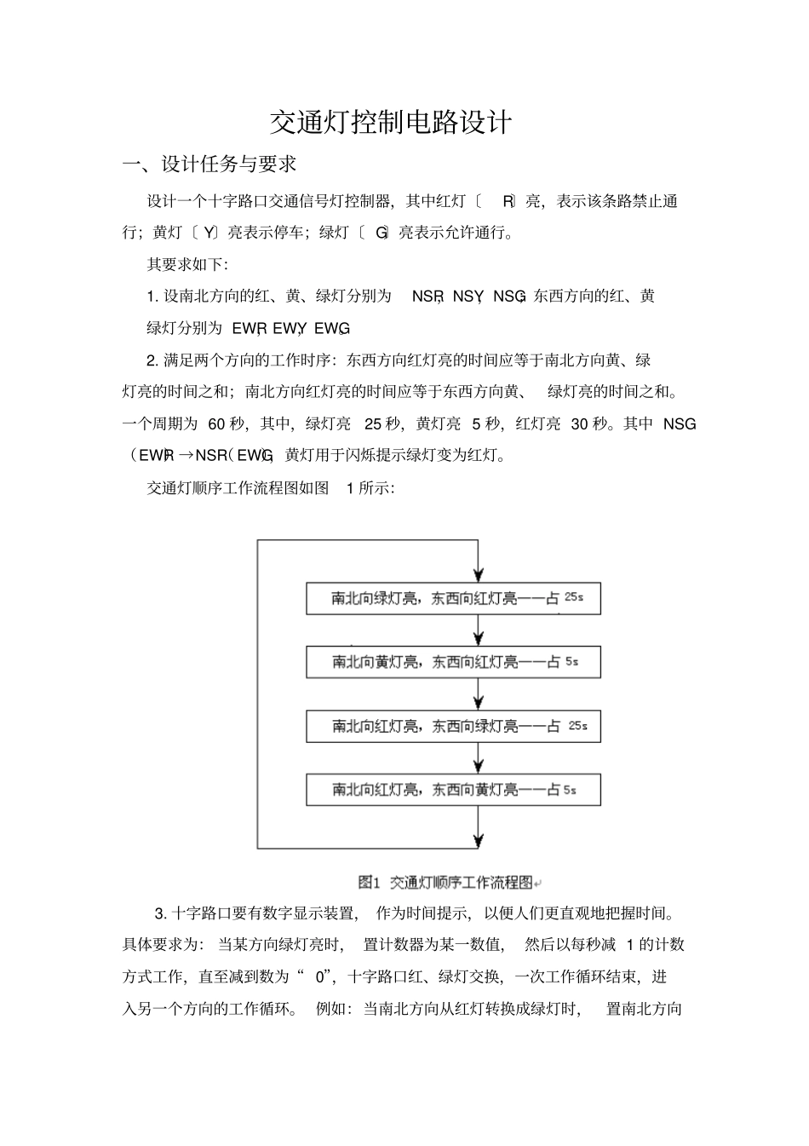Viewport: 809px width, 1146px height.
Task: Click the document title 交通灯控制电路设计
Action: tap(391, 123)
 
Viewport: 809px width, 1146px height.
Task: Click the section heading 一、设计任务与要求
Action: tap(209, 163)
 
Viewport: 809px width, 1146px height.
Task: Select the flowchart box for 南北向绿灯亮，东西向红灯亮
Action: tap(453, 598)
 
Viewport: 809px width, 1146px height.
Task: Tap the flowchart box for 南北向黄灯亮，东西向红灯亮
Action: tap(453, 662)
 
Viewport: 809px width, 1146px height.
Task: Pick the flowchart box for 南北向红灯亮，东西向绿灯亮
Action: tap(453, 726)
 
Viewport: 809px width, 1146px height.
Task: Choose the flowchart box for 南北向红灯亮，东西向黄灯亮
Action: tap(453, 790)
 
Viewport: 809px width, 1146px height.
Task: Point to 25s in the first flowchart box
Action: tap(574, 597)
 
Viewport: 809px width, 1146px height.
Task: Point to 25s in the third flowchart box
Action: tap(577, 726)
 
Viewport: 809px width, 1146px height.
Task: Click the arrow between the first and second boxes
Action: tap(479, 630)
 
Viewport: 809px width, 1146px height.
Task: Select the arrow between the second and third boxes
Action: tap(479, 694)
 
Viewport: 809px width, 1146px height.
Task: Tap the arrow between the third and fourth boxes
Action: tap(479, 757)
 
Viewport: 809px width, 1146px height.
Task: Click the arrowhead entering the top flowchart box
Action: tap(479, 574)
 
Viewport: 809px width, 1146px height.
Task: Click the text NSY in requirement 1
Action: tap(468, 297)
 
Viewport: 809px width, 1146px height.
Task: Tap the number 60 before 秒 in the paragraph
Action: tap(217, 423)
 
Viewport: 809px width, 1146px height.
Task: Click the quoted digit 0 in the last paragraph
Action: tap(320, 976)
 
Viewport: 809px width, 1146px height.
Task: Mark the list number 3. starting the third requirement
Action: tap(160, 914)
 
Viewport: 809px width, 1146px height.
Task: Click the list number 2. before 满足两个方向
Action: tap(152, 360)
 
